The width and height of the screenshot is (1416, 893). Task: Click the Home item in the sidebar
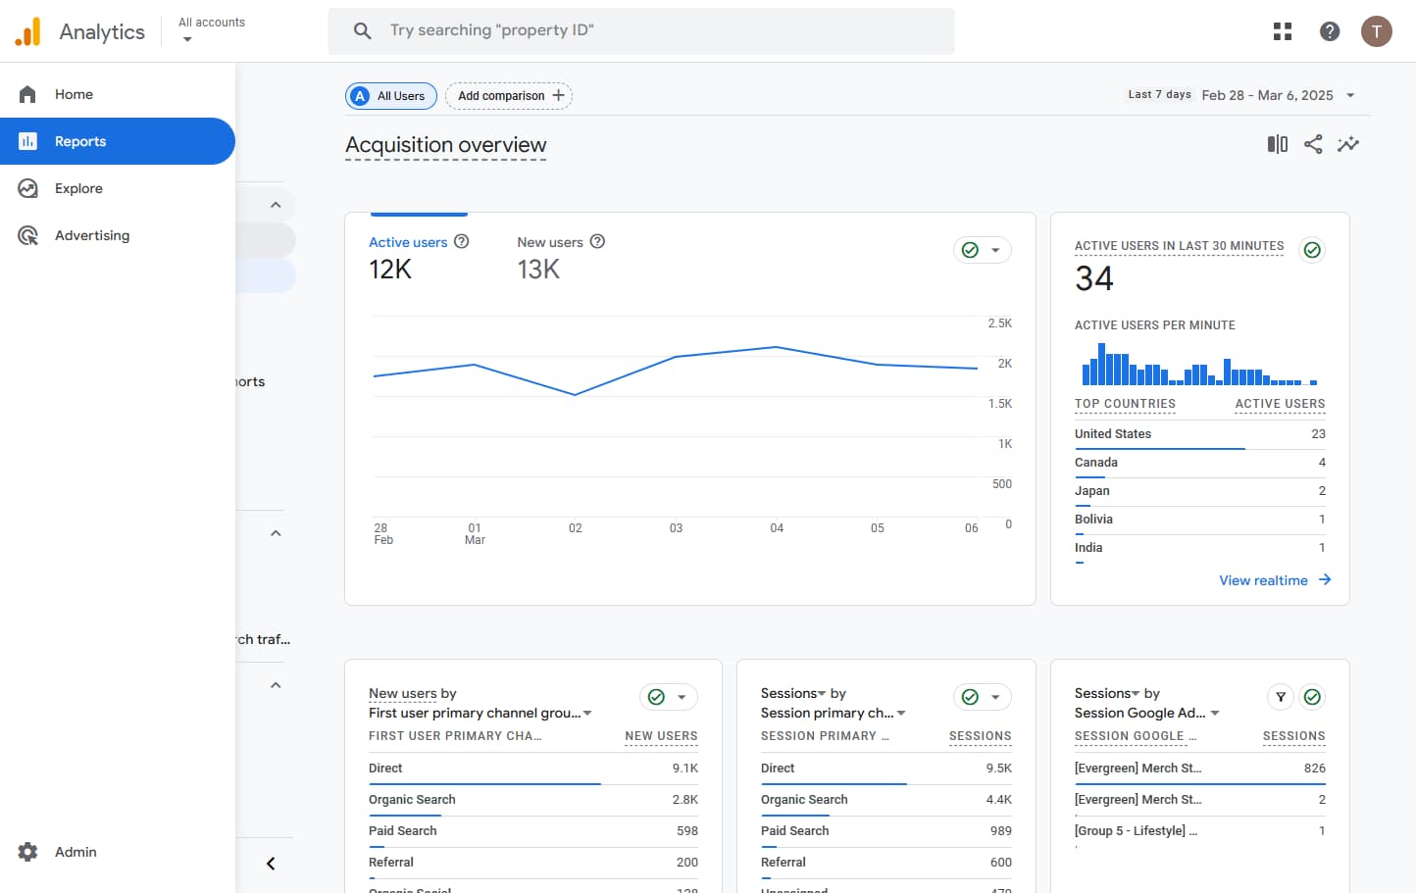point(74,94)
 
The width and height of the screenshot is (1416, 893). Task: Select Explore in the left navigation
point(78,188)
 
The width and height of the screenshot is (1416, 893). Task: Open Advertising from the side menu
point(91,235)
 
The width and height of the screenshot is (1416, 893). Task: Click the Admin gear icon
point(28,852)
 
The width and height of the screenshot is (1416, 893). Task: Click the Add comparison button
point(509,96)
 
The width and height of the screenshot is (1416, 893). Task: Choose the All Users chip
point(391,96)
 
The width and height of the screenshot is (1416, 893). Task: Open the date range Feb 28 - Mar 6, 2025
point(1267,95)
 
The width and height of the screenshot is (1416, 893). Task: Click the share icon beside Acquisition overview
point(1313,144)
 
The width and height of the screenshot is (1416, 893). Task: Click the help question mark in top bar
point(1330,31)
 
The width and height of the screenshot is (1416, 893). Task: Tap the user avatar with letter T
point(1376,31)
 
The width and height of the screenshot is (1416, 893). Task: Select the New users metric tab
point(550,242)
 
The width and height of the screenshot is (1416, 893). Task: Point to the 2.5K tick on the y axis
point(999,323)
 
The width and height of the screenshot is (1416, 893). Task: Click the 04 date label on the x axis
point(777,528)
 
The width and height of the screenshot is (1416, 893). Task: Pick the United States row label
point(1113,434)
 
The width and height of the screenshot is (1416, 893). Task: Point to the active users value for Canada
point(1321,463)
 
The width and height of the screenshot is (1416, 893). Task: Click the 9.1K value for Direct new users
point(684,769)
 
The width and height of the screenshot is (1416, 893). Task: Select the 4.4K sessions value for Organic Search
point(998,800)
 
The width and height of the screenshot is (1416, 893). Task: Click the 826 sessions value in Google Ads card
point(1314,769)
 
